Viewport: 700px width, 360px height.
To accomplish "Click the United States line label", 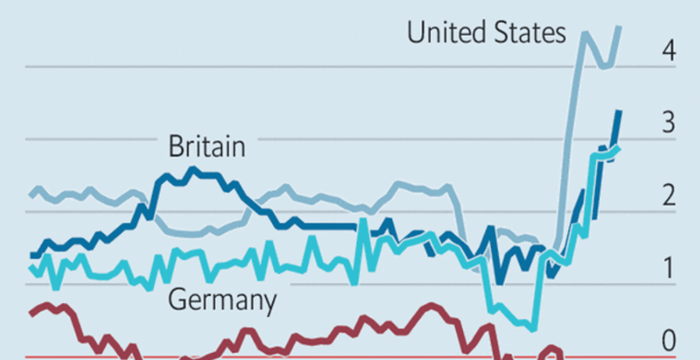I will click(x=486, y=33).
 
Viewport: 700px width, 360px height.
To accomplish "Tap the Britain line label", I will click(x=207, y=146).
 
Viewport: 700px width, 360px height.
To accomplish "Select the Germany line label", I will click(x=222, y=300).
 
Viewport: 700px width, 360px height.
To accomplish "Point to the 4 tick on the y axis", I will click(x=668, y=52).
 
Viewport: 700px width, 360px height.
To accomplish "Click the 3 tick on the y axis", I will click(x=668, y=123).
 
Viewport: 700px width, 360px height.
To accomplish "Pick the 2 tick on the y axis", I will click(x=668, y=196).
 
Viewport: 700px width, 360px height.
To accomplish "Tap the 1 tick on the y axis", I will click(x=669, y=268).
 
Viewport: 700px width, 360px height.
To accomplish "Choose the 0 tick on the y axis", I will click(x=668, y=341).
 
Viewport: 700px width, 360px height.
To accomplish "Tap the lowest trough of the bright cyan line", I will click(x=533, y=327).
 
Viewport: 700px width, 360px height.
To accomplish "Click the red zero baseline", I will click(x=313, y=357).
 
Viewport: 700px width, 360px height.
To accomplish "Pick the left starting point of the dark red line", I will click(x=31, y=313).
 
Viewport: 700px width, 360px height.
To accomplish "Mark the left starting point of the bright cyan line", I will click(x=31, y=268).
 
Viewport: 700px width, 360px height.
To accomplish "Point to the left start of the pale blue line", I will click(x=31, y=194).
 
